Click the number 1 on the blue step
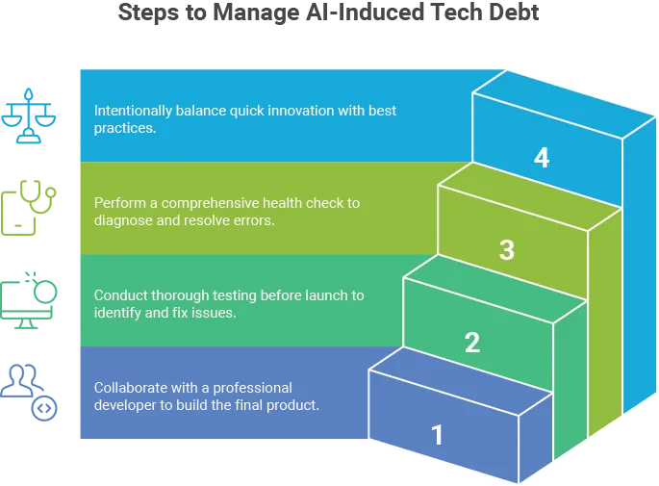438,435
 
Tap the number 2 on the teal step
471,343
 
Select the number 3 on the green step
506,250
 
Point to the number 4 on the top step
542,158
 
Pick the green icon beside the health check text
32,205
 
